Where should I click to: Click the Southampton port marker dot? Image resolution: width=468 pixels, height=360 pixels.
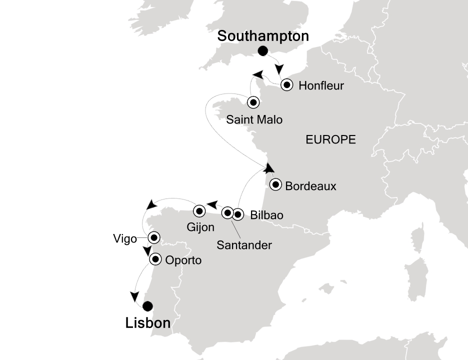[x=262, y=51]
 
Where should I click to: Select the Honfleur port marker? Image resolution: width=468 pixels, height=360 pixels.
[x=286, y=85]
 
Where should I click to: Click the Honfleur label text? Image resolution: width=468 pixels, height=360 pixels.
[x=321, y=85]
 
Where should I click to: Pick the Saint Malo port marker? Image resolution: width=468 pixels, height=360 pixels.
[x=253, y=102]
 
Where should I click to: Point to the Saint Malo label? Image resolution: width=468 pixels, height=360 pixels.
[x=254, y=120]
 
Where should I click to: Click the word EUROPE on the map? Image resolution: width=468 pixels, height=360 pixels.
[x=330, y=140]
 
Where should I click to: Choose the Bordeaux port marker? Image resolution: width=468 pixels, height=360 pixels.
[x=275, y=185]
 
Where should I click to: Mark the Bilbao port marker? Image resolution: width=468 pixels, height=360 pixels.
[x=237, y=215]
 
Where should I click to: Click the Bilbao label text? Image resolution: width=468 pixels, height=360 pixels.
[x=266, y=215]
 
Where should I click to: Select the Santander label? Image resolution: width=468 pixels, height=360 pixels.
[x=244, y=245]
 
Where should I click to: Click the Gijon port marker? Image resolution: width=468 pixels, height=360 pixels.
[x=199, y=210]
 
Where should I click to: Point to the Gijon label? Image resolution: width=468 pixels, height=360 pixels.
[x=201, y=227]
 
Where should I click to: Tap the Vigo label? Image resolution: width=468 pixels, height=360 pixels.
[x=124, y=239]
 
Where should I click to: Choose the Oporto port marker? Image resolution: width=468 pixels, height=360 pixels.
[x=156, y=259]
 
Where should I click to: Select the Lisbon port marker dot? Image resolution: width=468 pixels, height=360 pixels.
[x=147, y=306]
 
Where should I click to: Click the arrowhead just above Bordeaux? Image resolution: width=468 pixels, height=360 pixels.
[x=269, y=168]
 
